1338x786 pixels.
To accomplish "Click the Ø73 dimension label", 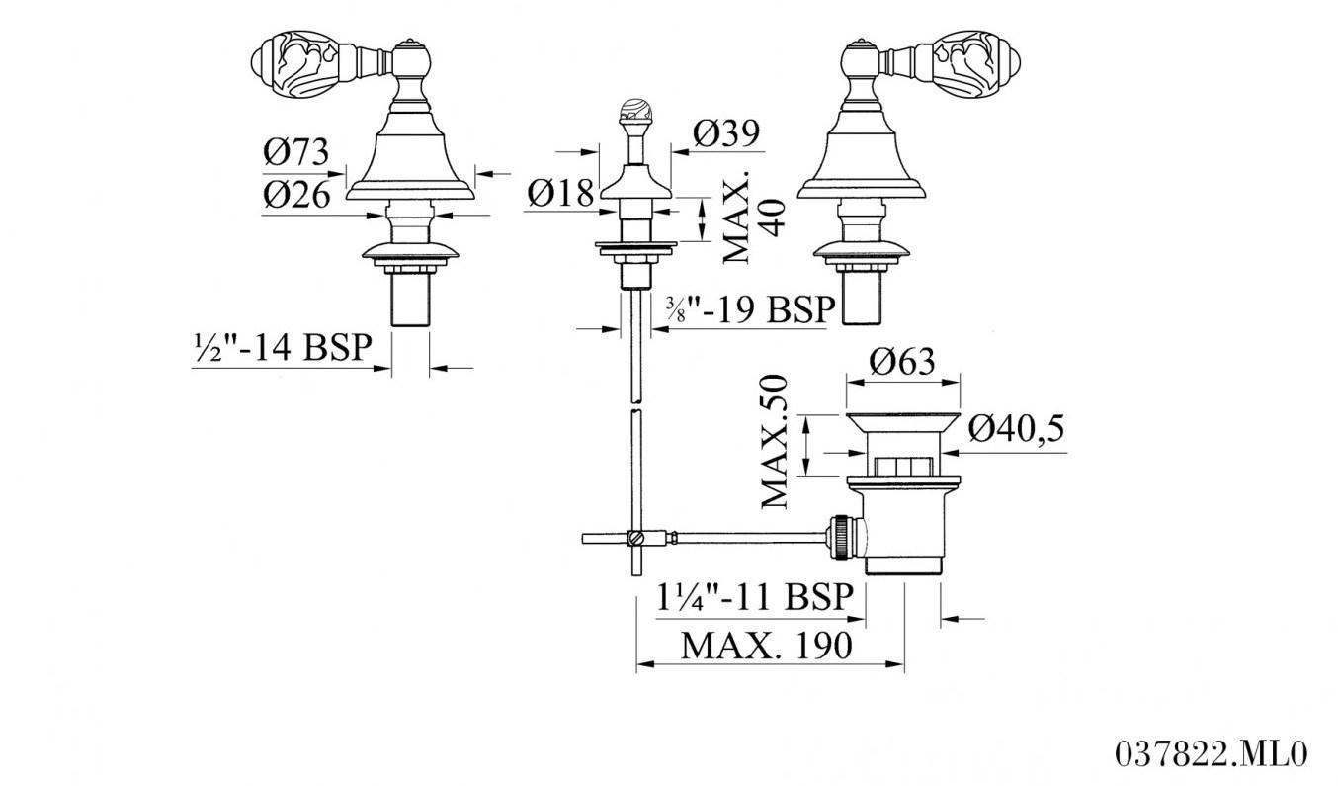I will click(295, 152).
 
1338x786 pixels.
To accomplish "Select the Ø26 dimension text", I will click(295, 195).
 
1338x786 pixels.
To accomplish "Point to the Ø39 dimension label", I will click(726, 133).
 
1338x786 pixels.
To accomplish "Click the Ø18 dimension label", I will click(560, 192).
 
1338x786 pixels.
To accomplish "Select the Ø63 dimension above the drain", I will click(901, 362).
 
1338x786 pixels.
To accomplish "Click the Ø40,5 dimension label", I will click(1016, 428).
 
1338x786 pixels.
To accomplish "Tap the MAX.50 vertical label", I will click(777, 441).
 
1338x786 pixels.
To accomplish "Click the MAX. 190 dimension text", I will click(766, 646).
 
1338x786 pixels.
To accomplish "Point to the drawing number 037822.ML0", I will click(1211, 754).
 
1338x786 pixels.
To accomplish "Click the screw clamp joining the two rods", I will click(637, 538).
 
